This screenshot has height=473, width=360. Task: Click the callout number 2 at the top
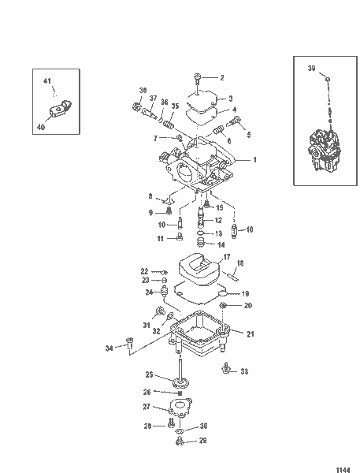[222, 77]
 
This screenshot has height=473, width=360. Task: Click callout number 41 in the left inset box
[46, 82]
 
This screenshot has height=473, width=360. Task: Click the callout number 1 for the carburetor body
[254, 159]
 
